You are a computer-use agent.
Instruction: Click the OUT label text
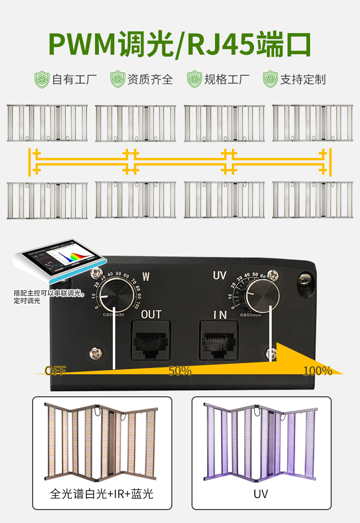151,315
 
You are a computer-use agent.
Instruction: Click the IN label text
220,315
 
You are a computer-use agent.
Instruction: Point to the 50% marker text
180,371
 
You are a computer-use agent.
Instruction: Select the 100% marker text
318,370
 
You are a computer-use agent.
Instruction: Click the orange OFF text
55,370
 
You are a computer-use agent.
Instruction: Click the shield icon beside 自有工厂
42,79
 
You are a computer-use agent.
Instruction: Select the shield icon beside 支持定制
271,79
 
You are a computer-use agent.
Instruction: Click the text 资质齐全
150,79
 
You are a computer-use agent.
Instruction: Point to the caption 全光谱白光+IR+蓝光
102,494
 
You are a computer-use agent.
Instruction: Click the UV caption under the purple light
261,494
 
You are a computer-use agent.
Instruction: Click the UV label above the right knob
220,275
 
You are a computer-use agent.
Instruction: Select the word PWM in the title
82,46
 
